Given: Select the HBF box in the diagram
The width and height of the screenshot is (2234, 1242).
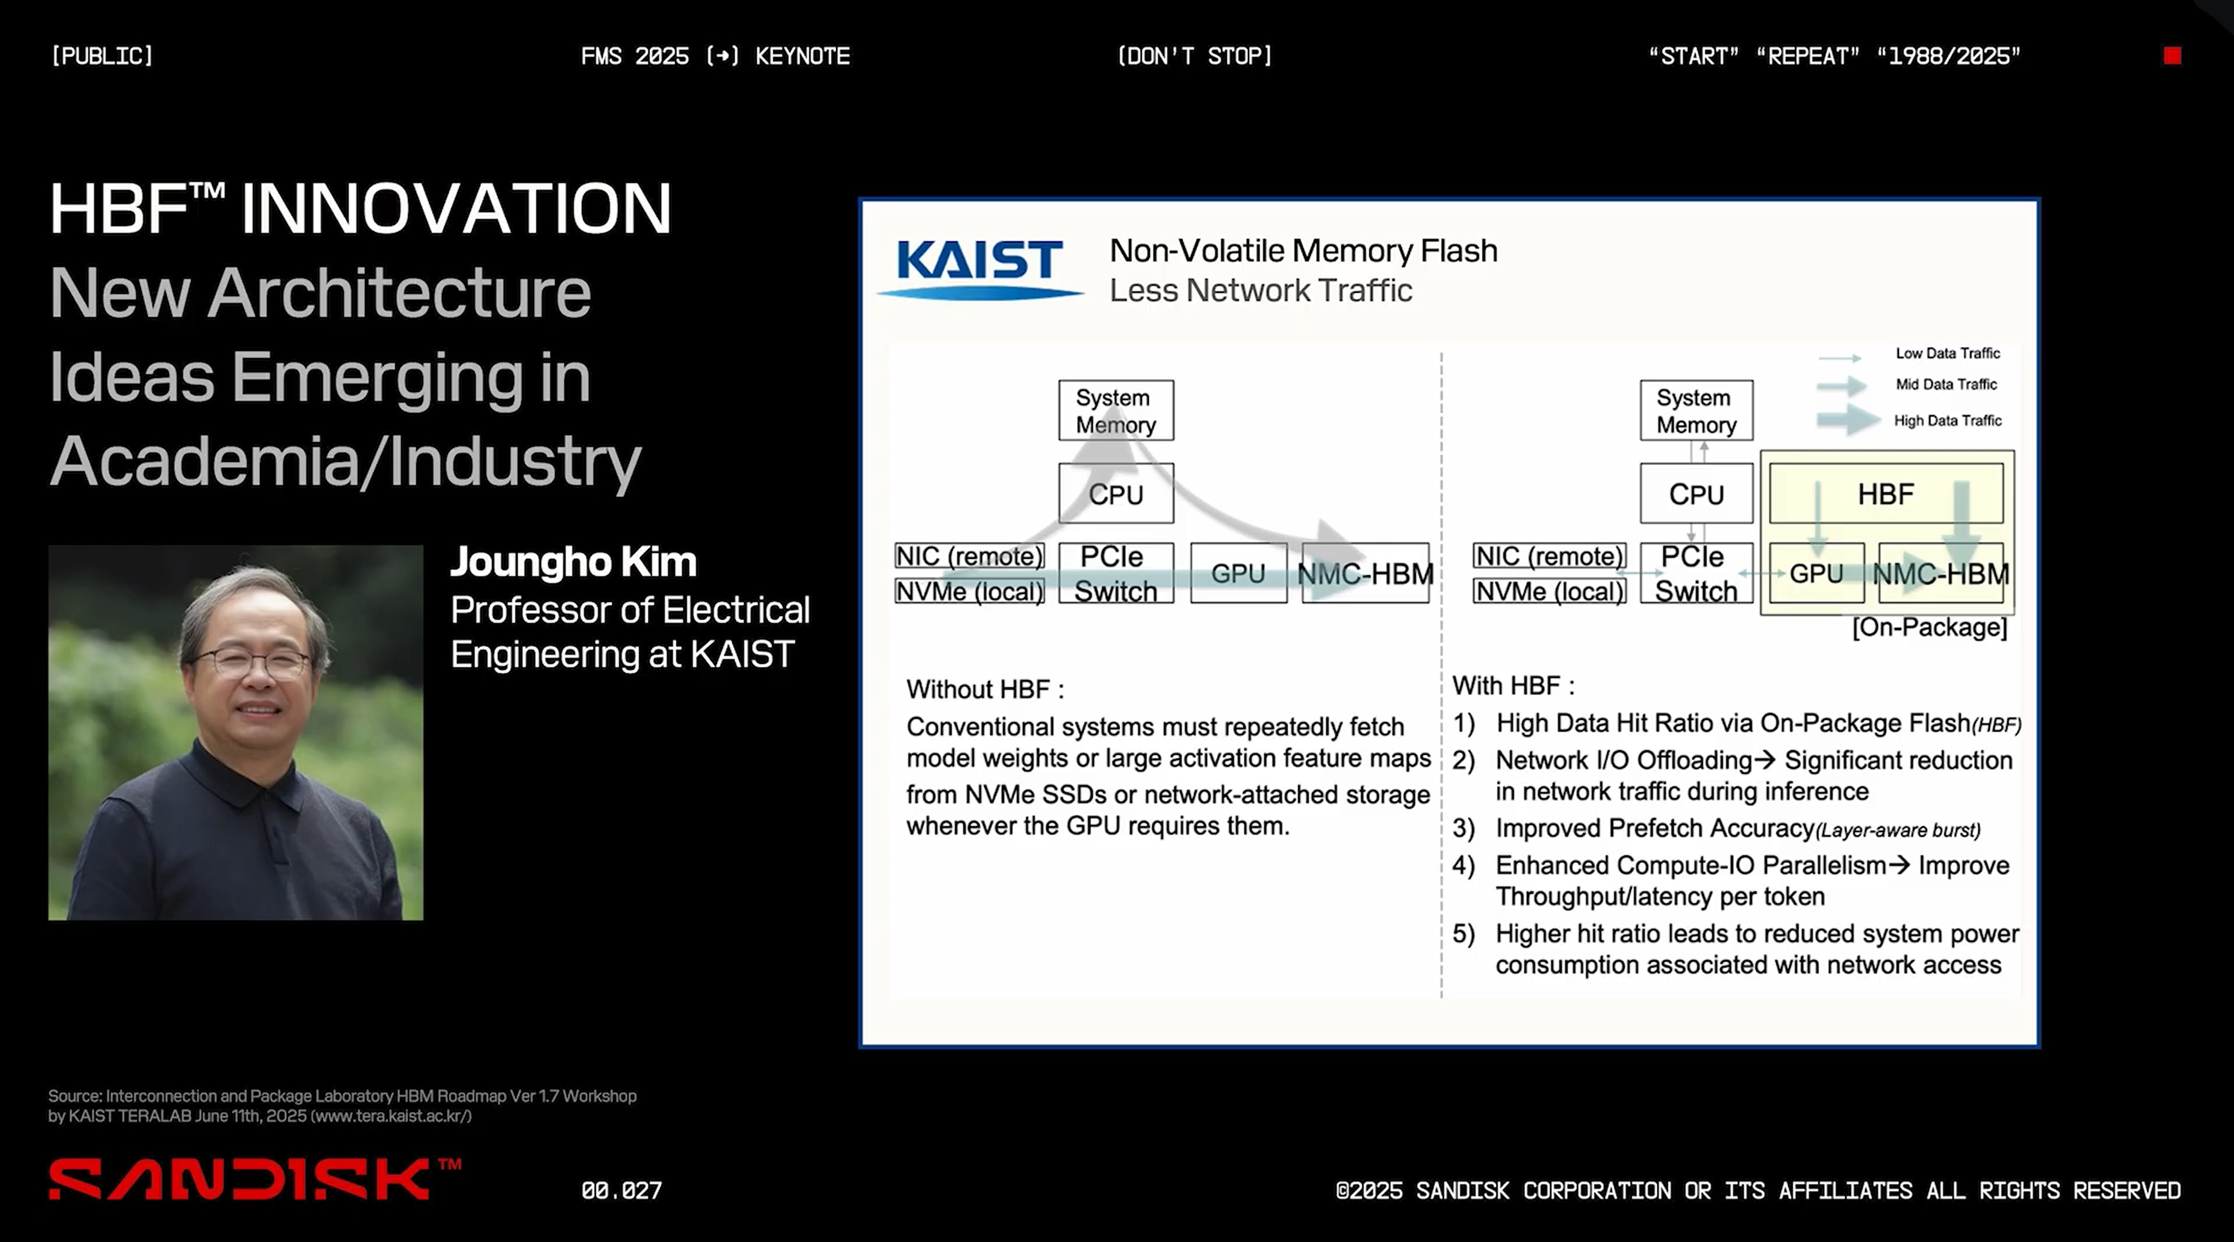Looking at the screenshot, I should point(1885,494).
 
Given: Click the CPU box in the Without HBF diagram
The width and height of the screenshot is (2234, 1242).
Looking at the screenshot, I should point(1116,494).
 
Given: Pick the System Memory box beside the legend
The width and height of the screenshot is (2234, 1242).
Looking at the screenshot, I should point(1695,410).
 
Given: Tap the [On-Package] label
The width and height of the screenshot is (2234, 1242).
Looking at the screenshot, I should point(1930,627).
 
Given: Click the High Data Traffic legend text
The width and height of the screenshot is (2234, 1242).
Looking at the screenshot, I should point(1947,421).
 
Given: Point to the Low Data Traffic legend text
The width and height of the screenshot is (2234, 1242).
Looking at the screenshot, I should point(1947,353).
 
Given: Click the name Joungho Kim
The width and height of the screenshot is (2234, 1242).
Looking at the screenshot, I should point(573,562).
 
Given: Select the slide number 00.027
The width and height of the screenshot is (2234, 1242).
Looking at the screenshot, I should point(621,1190).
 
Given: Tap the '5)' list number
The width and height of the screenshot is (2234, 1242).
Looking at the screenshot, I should point(1463,934).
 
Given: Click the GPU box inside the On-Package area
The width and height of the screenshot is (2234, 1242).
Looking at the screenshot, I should point(1815,573).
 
